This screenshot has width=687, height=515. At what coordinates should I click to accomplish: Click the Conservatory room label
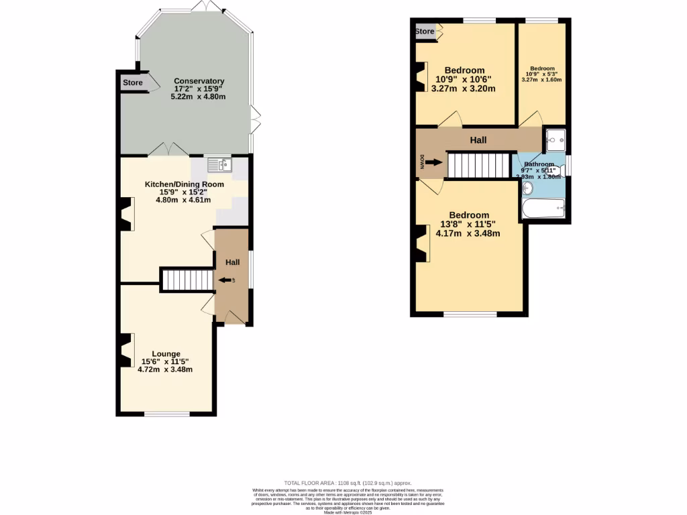[199, 80]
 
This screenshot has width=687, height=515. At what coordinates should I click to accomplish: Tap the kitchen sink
[219, 164]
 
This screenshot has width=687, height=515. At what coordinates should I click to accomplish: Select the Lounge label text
[166, 354]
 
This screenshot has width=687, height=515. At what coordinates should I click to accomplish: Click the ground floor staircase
[187, 280]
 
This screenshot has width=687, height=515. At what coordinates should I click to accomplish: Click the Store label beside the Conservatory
[133, 83]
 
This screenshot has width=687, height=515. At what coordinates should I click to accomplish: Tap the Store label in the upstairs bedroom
[425, 32]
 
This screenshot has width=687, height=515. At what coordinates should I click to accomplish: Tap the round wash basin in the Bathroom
[527, 187]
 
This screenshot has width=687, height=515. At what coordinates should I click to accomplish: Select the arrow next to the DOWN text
[434, 162]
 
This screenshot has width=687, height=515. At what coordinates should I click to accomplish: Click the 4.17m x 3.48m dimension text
[469, 233]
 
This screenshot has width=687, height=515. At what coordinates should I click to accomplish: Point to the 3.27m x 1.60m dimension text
[541, 80]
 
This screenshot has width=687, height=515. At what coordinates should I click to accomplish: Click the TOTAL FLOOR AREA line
[348, 483]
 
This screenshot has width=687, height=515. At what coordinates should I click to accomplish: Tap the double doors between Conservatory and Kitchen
[166, 150]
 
